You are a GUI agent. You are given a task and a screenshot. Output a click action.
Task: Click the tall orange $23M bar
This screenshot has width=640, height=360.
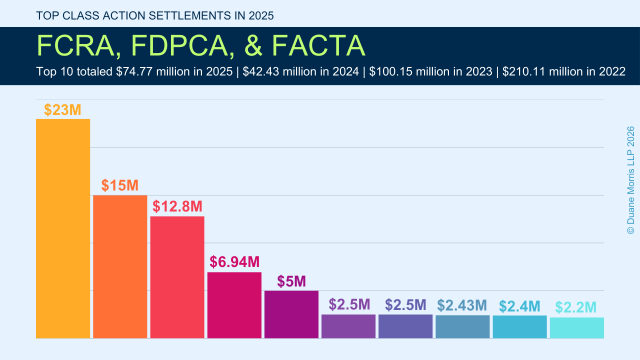pyautogui.click(x=63, y=228)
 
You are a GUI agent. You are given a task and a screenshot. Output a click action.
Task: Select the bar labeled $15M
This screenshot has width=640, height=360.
pyautogui.click(x=120, y=266)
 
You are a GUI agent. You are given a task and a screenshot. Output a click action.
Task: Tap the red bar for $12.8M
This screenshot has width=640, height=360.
pyautogui.click(x=177, y=277)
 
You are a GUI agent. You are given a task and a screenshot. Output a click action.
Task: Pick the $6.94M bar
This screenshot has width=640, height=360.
pyautogui.click(x=234, y=305)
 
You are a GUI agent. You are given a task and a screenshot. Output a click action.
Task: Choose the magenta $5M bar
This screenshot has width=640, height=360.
pyautogui.click(x=291, y=314)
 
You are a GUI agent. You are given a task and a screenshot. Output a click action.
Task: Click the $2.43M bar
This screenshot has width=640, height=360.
pyautogui.click(x=462, y=326)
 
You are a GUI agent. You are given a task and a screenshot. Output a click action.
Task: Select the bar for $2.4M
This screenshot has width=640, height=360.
pyautogui.click(x=519, y=326)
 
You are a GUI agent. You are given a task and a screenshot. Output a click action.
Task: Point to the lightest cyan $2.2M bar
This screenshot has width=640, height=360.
pyautogui.click(x=576, y=327)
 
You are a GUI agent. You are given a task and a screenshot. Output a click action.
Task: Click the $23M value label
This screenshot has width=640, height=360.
pyautogui.click(x=62, y=110)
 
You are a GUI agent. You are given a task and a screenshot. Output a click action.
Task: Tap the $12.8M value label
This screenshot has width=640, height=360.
pyautogui.click(x=177, y=206)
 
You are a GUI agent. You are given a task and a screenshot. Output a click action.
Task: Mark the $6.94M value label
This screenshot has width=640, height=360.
pyautogui.click(x=234, y=261)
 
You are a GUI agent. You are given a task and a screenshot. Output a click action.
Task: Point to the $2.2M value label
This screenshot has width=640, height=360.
pyautogui.click(x=576, y=307)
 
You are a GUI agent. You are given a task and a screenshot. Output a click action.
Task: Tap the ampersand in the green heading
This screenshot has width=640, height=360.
pyautogui.click(x=254, y=46)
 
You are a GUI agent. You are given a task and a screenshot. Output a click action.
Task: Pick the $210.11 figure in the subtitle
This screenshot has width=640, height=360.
pyautogui.click(x=523, y=71)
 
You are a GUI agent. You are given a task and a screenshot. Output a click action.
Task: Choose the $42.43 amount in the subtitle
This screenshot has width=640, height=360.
pyautogui.click(x=259, y=71)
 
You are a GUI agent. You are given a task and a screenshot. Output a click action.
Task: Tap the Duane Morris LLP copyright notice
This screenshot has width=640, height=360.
pyautogui.click(x=630, y=180)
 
